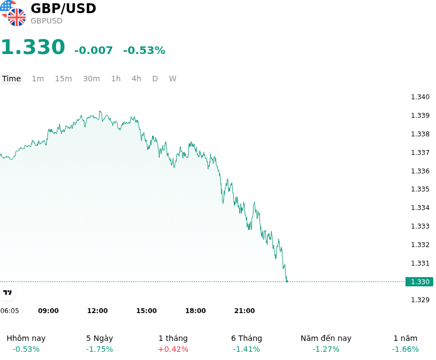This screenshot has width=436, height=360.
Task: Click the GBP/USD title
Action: point(63,8)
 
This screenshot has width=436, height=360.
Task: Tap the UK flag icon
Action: point(17,17)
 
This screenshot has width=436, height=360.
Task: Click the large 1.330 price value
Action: point(33,47)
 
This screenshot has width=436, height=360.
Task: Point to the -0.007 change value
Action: point(93,50)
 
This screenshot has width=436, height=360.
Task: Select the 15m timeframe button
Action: point(63,79)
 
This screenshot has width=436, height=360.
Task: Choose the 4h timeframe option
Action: point(136,79)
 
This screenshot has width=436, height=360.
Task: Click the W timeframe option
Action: point(172,79)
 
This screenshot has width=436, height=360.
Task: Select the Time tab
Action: point(11,79)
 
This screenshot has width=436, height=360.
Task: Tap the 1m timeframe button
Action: point(38,79)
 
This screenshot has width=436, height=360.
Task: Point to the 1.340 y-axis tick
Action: point(420,97)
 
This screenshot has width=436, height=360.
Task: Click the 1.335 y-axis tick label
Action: point(420,189)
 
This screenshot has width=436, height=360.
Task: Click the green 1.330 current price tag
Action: point(419,281)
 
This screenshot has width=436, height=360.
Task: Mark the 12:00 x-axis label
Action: point(98,311)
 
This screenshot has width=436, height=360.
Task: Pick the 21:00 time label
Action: point(244,311)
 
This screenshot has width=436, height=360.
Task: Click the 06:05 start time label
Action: point(10,311)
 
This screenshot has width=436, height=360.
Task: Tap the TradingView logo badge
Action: point(7,292)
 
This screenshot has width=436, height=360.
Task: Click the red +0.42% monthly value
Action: point(173,349)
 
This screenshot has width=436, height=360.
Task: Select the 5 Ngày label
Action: point(100,338)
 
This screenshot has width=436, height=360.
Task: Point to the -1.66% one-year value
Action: point(405,349)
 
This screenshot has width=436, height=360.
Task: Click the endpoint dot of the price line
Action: point(287,281)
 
